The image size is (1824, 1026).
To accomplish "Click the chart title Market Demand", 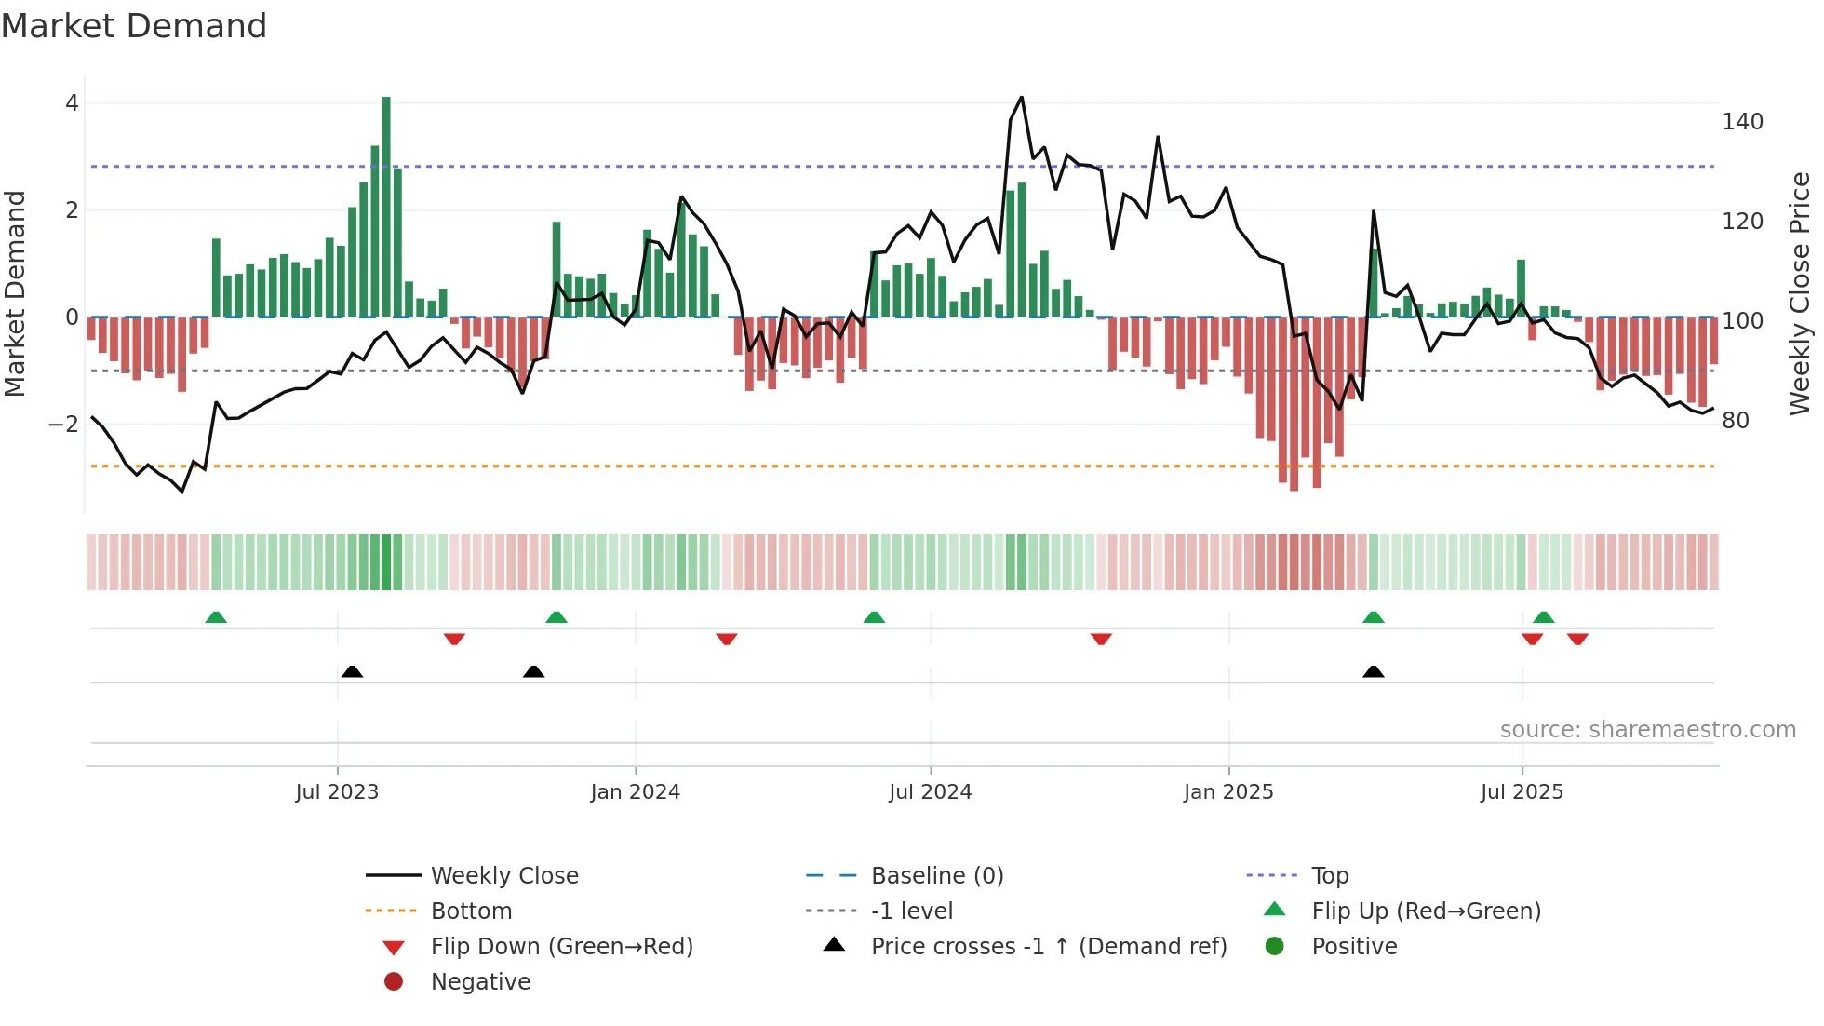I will tap(134, 26).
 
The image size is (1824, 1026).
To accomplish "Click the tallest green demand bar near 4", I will tap(386, 205).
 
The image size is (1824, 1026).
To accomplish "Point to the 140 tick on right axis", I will tap(1742, 122).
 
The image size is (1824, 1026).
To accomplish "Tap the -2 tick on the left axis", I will tap(63, 425).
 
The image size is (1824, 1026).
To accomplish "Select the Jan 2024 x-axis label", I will tap(635, 792).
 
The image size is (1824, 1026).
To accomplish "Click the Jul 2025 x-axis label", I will tap(1522, 792).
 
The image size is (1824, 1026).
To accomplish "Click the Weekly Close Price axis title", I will tap(1800, 293).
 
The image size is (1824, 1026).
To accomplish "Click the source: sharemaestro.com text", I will tap(1647, 730).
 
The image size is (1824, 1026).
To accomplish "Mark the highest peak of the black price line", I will tap(1021, 98).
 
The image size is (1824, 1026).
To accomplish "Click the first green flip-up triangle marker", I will tap(216, 617).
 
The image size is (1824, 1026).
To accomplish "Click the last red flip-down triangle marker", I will tap(1577, 639).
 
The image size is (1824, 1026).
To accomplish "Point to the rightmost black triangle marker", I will tap(1373, 671).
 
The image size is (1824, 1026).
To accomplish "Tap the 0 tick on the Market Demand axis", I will tap(72, 317).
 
